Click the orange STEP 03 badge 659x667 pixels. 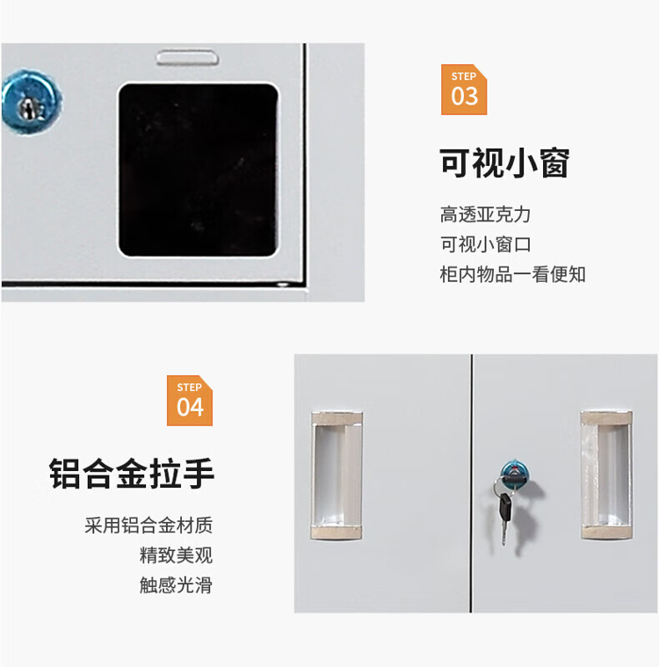pos(464,90)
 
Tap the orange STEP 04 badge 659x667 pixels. pos(190,400)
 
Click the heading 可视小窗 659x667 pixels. pos(504,163)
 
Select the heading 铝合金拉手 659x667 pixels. pos(132,474)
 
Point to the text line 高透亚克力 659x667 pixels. pos(485,214)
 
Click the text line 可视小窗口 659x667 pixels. pos(485,244)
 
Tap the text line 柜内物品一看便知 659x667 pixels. pos(512,274)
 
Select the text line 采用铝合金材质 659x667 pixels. pos(148,526)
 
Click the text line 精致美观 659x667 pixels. pos(176,555)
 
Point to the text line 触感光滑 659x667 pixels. pos(176,585)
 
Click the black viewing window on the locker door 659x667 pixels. pos(199,170)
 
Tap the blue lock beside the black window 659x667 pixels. pos(31,103)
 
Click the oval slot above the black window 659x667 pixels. pos(188,57)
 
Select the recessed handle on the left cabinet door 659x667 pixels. pos(337,475)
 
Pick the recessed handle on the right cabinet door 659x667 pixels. pos(606,475)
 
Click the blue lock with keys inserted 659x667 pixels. pos(515,472)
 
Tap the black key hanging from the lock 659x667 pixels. pos(505,507)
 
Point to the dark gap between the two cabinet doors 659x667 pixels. pos(471,483)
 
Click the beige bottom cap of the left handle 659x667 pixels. pos(337,532)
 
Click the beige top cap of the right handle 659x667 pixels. pos(606,417)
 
